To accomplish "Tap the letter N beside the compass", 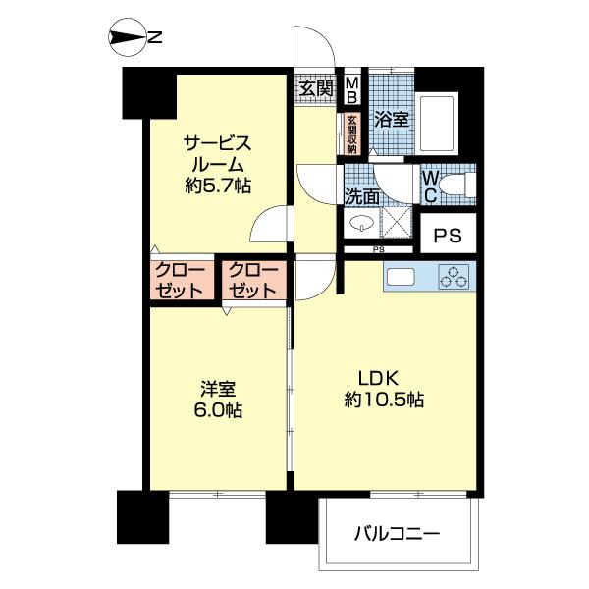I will tap(154, 38).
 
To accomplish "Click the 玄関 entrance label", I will tap(315, 89).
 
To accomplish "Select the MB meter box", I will tap(351, 89).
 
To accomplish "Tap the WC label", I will tap(429, 185).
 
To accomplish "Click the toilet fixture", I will tap(456, 183).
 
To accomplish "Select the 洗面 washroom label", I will tap(360, 194).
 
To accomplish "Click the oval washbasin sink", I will tap(360, 222).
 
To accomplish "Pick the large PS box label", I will tap(448, 236).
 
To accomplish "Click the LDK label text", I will tap(375, 378).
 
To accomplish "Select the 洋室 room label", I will tap(216, 388).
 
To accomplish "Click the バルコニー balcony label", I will tap(396, 535).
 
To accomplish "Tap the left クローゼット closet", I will tap(179, 281).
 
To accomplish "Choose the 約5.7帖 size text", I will tap(216, 185).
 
